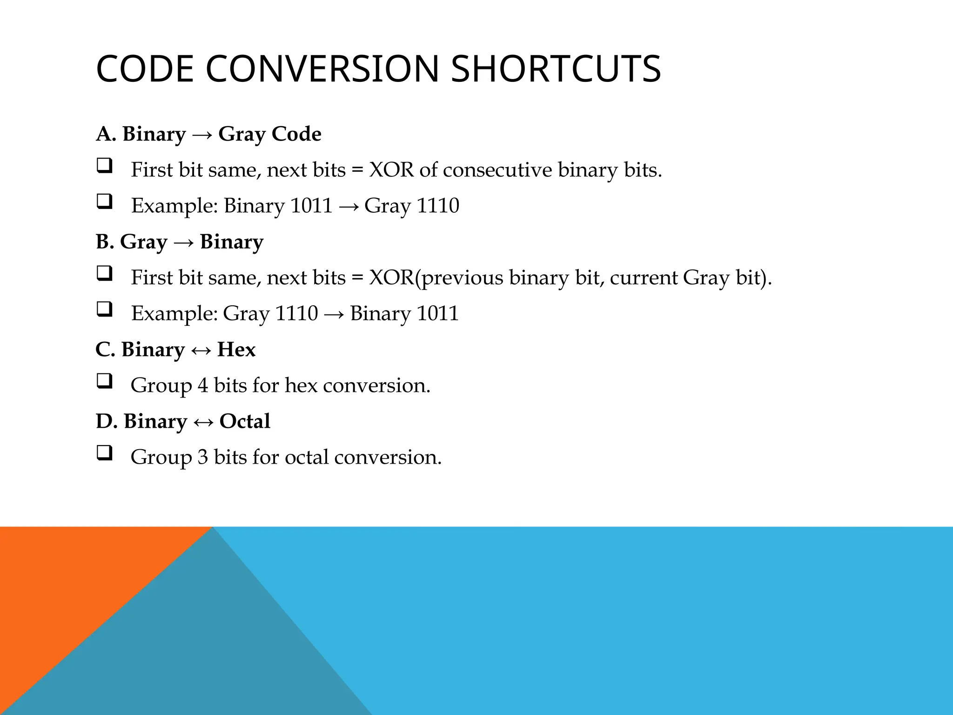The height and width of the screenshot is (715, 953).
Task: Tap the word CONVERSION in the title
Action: coord(322,69)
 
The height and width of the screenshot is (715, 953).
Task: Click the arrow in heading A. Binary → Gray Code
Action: coord(202,135)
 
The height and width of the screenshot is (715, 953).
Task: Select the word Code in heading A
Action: coord(296,134)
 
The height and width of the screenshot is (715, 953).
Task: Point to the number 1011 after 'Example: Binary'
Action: coord(311,206)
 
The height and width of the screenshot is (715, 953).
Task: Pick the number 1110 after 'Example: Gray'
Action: coord(296,313)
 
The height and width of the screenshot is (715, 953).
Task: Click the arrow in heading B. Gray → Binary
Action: coord(183,242)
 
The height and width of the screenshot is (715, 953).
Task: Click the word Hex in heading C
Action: coord(236,350)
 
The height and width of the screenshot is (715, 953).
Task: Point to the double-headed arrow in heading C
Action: coord(201,350)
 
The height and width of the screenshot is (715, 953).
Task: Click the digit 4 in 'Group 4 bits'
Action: coord(203,385)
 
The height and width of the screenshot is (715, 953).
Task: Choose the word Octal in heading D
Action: coord(245,421)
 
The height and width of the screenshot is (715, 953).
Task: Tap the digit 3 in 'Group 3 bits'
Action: coord(203,457)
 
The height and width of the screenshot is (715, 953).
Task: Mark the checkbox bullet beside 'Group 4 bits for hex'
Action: coord(104,381)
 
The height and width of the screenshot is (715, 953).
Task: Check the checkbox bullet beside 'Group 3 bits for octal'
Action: coord(104,453)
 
